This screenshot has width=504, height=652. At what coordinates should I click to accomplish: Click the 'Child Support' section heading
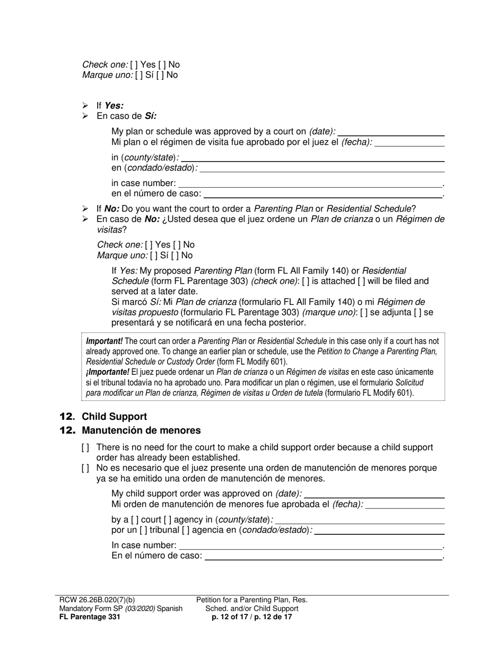tap(114, 417)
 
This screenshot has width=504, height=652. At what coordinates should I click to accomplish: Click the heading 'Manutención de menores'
tap(141, 430)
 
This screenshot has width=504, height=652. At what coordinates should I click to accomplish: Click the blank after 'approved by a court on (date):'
tap(390, 132)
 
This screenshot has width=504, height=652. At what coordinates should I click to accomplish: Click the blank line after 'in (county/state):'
tap(312, 157)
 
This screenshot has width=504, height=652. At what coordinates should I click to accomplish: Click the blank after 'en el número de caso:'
tap(323, 193)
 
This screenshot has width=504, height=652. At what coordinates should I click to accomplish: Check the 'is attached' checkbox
tap(306, 281)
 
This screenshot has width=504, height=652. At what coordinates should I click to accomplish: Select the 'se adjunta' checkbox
tap(363, 313)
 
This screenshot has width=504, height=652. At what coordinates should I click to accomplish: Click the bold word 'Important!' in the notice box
tap(104, 341)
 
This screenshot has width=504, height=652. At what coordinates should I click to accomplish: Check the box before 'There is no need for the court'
tap(85, 447)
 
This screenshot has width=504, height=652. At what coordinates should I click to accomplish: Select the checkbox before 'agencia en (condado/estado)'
tap(186, 530)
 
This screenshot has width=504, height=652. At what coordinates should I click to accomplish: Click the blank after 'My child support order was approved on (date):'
tap(374, 494)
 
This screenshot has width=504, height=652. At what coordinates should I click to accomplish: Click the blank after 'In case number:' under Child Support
tap(310, 545)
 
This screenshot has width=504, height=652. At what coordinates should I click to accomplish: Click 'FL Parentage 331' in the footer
tap(90, 616)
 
